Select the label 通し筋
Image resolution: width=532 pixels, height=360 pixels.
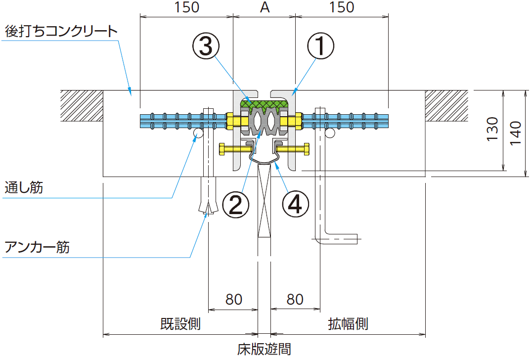[23, 188]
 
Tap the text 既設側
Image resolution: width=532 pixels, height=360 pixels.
[180, 324]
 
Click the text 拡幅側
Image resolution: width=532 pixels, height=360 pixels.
[348, 324]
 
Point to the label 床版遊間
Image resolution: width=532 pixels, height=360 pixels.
[264, 349]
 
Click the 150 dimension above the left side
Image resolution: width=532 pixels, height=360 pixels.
[186, 7]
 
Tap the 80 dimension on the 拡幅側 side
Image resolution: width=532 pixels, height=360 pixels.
[295, 299]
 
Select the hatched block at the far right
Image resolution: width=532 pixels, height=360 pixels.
[447, 105]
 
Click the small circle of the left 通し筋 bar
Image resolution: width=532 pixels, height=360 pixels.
[198, 134]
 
